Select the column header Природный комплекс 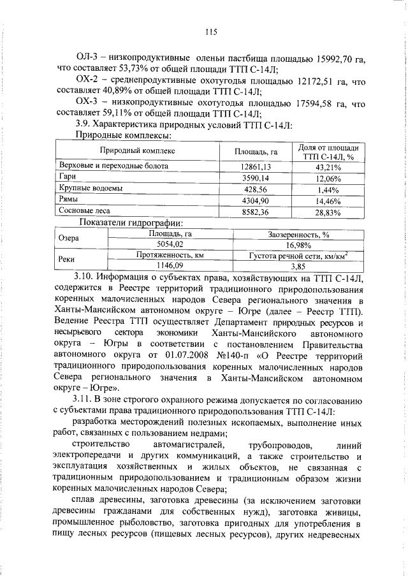tap(136, 151)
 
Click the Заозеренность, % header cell tap(298, 234)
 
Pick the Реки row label tap(68, 259)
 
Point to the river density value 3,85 tap(298, 265)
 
